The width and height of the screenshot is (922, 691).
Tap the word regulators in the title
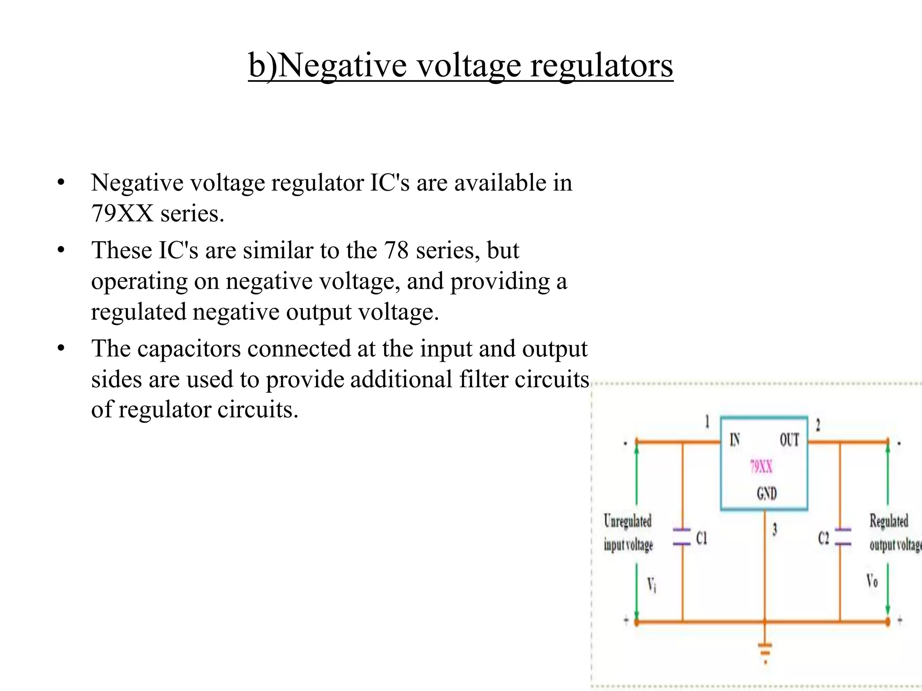pos(601,66)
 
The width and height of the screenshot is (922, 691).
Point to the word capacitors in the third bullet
pos(189,349)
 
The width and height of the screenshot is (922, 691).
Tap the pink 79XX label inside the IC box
pos(761,467)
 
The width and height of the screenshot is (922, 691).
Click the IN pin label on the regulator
pos(735,440)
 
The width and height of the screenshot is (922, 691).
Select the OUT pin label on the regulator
pos(789,440)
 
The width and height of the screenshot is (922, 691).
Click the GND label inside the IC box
pos(767,494)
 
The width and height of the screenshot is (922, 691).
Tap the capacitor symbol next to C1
pos(682,537)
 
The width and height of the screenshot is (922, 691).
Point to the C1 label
pos(701,538)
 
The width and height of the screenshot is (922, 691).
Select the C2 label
pos(823,538)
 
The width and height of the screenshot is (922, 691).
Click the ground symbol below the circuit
pos(765,652)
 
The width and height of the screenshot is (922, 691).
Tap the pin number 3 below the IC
pos(775,529)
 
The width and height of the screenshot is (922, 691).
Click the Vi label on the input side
pos(651,585)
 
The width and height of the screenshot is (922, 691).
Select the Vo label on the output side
pos(872,581)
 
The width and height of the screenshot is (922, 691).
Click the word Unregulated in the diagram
pos(628,521)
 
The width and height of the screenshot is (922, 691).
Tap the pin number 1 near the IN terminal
pos(707,422)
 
